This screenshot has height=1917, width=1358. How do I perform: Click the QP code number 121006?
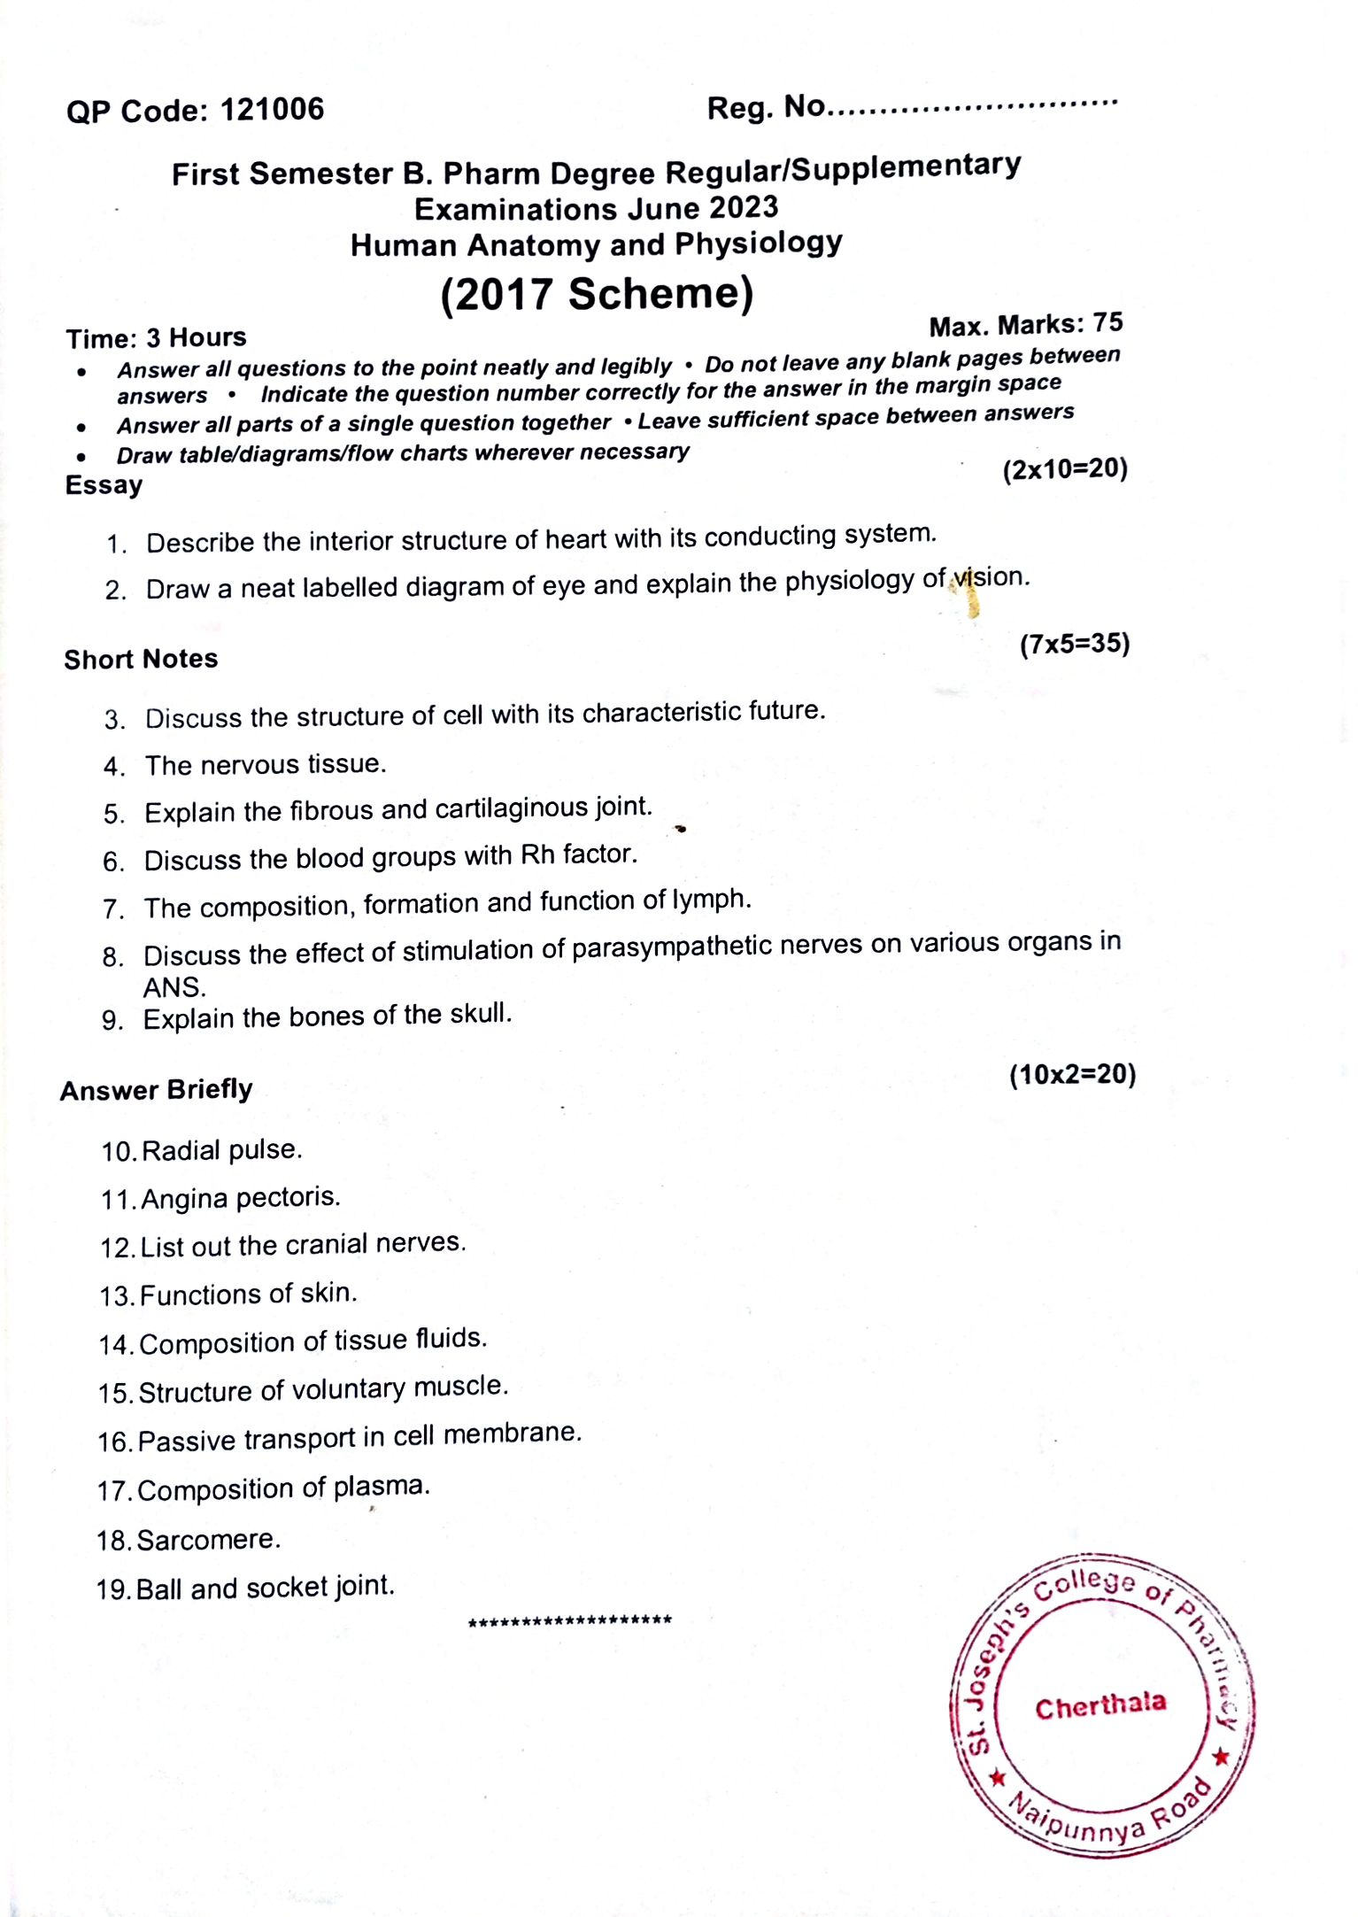(x=272, y=110)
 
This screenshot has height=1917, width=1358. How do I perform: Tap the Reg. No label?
(x=766, y=108)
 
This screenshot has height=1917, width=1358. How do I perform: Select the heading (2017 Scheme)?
(x=597, y=294)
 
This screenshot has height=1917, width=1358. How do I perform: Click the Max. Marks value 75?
(x=1107, y=323)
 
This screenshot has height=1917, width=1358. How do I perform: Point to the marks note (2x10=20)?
(x=1065, y=469)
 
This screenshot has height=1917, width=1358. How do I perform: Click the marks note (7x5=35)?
(x=1075, y=644)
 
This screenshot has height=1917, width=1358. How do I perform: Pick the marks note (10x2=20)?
(x=1072, y=1075)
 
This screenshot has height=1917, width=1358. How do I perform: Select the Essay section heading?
(x=104, y=485)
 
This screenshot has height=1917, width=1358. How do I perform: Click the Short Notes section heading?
(x=141, y=659)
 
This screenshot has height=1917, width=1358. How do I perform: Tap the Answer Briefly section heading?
(x=156, y=1090)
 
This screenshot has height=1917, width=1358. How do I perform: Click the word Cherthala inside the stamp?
(x=1100, y=1705)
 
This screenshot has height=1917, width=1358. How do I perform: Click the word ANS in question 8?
(x=174, y=987)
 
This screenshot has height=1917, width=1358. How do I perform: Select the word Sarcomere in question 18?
(x=208, y=1540)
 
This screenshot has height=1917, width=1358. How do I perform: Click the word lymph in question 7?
(x=711, y=900)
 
